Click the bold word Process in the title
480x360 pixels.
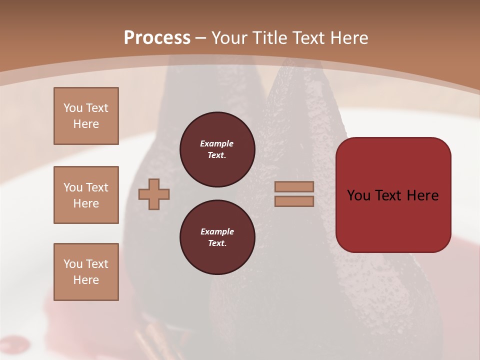pyautogui.click(x=157, y=38)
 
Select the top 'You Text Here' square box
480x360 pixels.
pyautogui.click(x=86, y=116)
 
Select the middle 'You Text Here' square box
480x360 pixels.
pyautogui.click(x=86, y=195)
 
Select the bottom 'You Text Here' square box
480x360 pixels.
pyautogui.click(x=86, y=271)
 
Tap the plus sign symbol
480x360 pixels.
pyautogui.click(x=154, y=194)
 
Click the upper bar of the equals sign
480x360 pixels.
pyautogui.click(x=294, y=186)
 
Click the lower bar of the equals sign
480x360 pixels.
pyautogui.click(x=294, y=201)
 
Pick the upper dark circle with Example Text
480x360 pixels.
pyautogui.click(x=217, y=149)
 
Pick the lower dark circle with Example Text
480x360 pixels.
pyautogui.click(x=217, y=237)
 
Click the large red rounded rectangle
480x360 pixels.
pyautogui.click(x=393, y=220)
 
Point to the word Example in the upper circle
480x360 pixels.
pyautogui.click(x=216, y=143)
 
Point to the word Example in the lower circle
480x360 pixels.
pyautogui.click(x=217, y=231)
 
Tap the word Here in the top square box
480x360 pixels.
pyautogui.click(x=86, y=124)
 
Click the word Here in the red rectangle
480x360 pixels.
pyautogui.click(x=422, y=195)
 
